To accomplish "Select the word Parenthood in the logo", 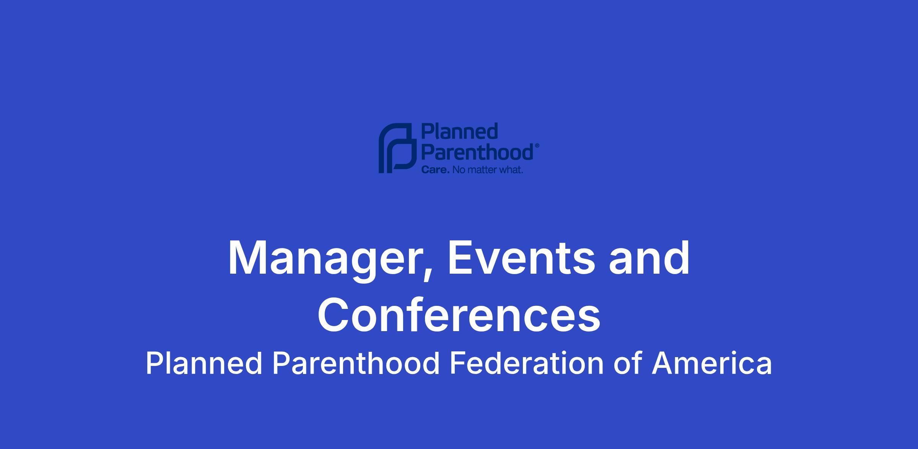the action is pyautogui.click(x=477, y=152).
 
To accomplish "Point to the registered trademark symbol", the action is pyautogui.click(x=537, y=146).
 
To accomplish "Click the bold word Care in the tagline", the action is pyautogui.click(x=435, y=170).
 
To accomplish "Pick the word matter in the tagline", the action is pyautogui.click(x=483, y=170).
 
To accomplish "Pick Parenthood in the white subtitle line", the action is pyautogui.click(x=356, y=363).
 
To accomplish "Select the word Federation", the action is pyautogui.click(x=526, y=363).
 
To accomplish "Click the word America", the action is pyautogui.click(x=712, y=363).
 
